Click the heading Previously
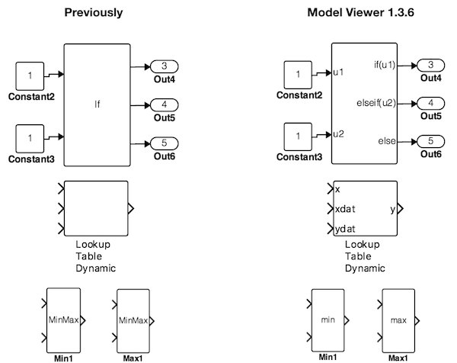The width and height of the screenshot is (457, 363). point(94,13)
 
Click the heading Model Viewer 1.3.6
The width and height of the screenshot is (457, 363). point(361,12)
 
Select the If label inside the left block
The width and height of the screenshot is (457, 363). point(97,104)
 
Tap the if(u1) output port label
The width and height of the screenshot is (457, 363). point(385,65)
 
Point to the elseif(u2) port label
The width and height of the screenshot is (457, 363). point(376,103)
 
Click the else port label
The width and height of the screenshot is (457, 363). point(387,141)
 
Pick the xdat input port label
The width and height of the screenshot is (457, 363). point(345,209)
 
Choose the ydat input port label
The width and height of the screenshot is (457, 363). point(345,229)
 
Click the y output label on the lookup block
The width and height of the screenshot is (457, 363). point(393,209)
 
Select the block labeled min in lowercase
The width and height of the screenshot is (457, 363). point(328,320)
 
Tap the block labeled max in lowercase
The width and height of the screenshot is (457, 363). point(398,320)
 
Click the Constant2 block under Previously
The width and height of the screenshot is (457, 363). point(30,75)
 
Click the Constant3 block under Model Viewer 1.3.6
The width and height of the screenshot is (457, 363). point(298,137)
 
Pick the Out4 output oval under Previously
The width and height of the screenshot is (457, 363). point(164,66)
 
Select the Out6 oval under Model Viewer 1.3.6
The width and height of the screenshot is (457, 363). point(431,142)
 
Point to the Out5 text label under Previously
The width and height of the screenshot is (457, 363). point(165,118)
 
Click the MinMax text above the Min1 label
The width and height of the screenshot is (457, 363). point(63,320)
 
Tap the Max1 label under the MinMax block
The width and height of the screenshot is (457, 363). point(133,358)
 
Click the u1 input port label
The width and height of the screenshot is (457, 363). point(338,72)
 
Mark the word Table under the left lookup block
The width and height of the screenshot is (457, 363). point(89,256)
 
